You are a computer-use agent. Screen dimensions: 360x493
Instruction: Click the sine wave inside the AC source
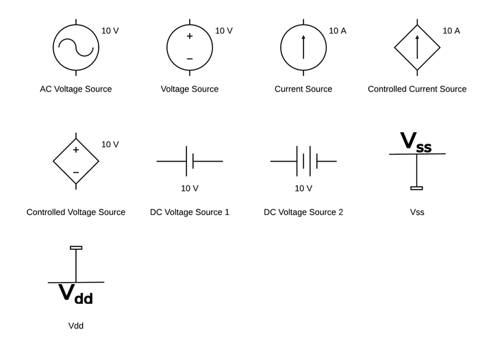[x=76, y=47]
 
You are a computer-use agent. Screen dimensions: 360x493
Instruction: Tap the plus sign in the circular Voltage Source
[x=190, y=36]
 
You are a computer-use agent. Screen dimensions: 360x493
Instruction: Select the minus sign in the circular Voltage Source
[x=190, y=59]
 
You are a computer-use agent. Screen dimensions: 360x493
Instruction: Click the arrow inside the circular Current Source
[x=303, y=47]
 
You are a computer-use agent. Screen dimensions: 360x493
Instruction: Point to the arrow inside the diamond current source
[x=417, y=47]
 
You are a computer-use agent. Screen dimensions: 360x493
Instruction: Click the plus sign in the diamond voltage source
[x=76, y=150]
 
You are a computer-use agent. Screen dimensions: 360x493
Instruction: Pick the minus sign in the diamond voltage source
[x=76, y=172]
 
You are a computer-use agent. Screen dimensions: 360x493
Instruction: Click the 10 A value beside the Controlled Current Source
[x=451, y=31]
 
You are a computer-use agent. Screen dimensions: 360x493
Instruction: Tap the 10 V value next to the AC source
[x=110, y=31]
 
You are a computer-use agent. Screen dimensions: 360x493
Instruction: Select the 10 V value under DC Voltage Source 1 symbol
[x=190, y=188]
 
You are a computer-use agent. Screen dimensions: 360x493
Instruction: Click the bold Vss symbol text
[x=416, y=142]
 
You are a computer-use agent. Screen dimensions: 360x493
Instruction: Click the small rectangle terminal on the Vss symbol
[x=417, y=188]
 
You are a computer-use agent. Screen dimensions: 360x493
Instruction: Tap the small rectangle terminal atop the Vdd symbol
[x=76, y=248]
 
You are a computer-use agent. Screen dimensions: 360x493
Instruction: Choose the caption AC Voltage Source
[x=76, y=89]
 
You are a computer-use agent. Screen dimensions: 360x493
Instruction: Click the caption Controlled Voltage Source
[x=76, y=212]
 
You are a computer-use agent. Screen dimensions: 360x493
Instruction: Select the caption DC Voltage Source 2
[x=303, y=212]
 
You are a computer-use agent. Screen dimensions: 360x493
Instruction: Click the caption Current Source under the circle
[x=303, y=89]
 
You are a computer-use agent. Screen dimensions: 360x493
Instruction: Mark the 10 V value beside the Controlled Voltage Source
[x=110, y=144]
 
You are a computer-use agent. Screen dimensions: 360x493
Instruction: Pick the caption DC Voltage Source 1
[x=190, y=212]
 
